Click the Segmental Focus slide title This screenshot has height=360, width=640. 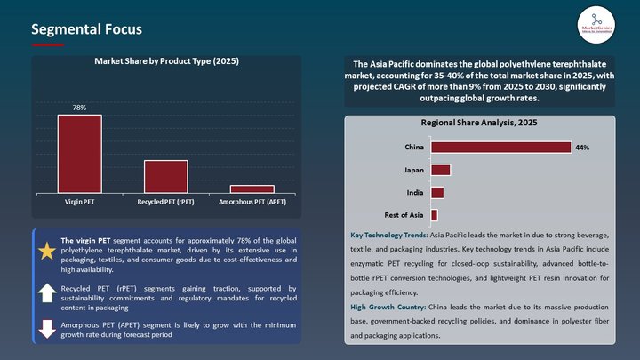86,29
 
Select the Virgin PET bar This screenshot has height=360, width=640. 80,154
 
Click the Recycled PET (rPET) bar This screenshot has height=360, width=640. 165,176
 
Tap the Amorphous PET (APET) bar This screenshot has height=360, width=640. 252,188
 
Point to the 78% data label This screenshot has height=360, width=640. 79,108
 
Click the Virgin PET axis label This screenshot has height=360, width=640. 80,202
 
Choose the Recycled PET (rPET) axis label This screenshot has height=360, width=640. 165,202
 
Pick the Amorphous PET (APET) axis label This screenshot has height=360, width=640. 252,202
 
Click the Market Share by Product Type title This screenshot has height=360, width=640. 167,61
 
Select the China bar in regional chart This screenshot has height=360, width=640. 500,147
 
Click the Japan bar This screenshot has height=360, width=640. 440,170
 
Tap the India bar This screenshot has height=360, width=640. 436,192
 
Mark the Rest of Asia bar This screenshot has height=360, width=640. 434,214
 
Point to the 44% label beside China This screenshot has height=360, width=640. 582,148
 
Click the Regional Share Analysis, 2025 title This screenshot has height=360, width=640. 480,123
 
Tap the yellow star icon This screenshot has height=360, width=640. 46,252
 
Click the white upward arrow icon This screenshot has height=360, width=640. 46,293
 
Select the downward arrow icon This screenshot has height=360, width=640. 46,328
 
